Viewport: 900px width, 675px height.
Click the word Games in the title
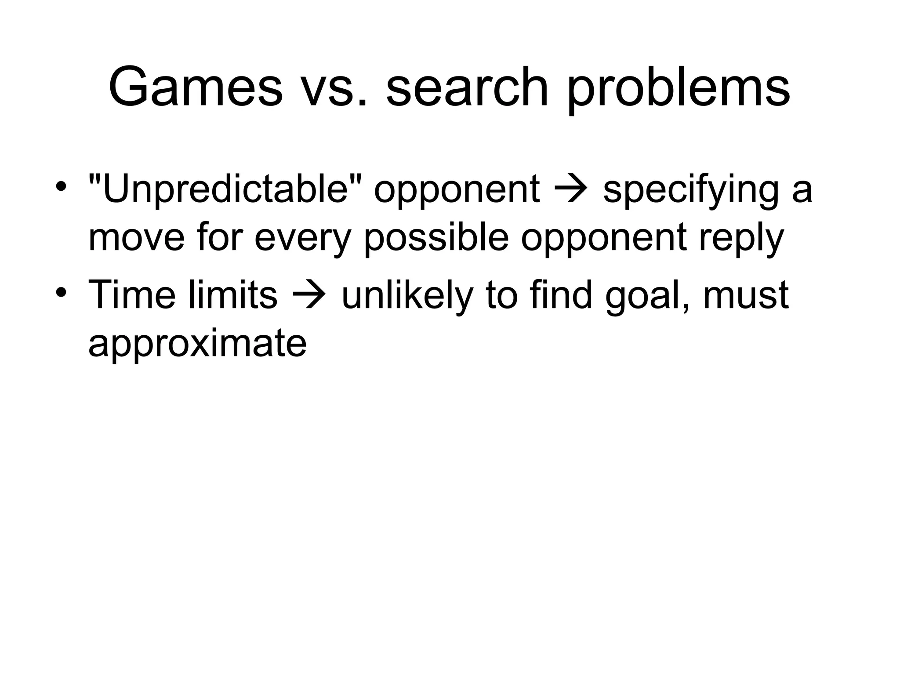point(196,87)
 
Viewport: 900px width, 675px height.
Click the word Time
point(132,295)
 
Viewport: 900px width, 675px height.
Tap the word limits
point(233,295)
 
